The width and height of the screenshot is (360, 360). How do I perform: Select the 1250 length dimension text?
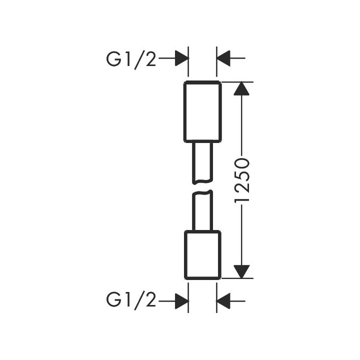(x=242, y=180)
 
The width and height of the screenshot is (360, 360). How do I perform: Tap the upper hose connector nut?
(x=202, y=110)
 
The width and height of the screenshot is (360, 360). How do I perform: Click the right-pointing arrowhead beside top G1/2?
(x=181, y=59)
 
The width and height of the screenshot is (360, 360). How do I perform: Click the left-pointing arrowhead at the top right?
(x=223, y=59)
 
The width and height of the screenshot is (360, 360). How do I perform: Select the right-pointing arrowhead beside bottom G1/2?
(x=181, y=300)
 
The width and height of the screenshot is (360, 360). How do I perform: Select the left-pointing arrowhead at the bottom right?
(x=223, y=300)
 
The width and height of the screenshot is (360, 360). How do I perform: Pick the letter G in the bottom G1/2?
(x=113, y=300)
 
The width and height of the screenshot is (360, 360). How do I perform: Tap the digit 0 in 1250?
(x=242, y=162)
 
